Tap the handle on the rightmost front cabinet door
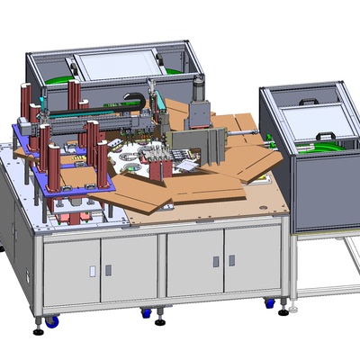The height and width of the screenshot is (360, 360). (x=231, y=260)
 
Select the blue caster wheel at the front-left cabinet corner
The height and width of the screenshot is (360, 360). (x=52, y=320)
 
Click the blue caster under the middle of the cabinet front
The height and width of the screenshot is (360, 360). (x=147, y=313)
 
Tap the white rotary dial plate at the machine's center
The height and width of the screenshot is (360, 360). (x=135, y=163)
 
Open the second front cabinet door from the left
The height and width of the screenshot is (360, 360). (x=129, y=268)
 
